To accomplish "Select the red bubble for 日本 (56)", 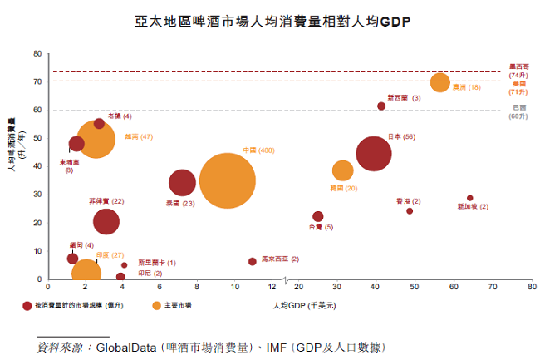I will (374, 153).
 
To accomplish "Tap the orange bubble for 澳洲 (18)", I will (440, 82).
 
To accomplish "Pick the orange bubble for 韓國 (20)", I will (343, 170).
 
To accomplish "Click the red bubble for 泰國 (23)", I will (182, 183).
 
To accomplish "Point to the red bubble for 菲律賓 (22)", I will (106, 221).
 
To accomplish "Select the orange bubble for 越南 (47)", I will (96, 141).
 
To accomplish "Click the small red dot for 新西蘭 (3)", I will (381, 106).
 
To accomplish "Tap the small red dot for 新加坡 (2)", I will (469, 198).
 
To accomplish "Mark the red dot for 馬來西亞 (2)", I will (253, 261).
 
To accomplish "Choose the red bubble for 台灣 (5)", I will (318, 216).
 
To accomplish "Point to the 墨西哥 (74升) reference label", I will (518, 71).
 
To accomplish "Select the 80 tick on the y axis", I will (37, 54).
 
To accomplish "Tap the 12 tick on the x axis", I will (272, 287).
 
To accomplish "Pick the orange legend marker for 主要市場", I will (156, 306).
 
